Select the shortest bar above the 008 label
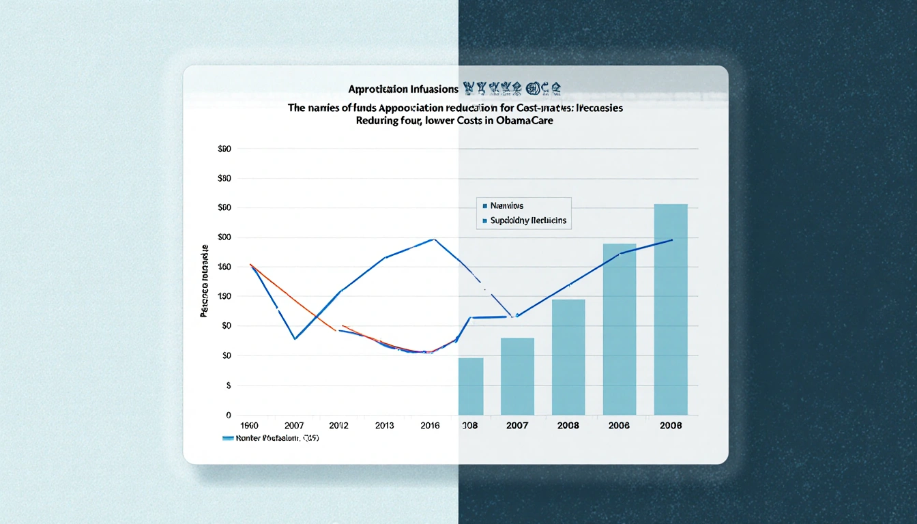pos(471,386)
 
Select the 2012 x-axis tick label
pos(338,425)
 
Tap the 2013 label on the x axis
pos(385,425)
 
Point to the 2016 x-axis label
pos(430,425)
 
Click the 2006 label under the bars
pos(619,425)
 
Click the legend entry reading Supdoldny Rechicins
pos(528,221)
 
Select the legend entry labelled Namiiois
pos(507,205)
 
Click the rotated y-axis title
pos(203,280)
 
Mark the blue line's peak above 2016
pos(434,239)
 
